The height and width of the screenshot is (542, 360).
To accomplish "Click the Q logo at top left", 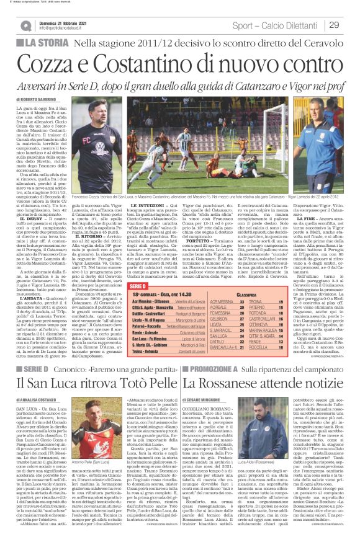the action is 26,25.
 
